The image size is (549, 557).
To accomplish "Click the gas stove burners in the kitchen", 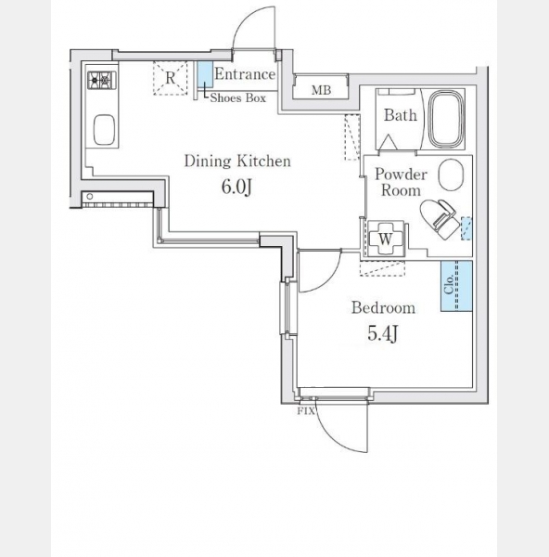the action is (102, 80).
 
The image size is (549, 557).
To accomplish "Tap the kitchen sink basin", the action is (104, 130).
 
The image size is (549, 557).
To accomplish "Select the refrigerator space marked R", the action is (171, 78).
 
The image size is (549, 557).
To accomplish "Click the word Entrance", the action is (245, 74).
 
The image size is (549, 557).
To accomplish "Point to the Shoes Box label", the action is (237, 98).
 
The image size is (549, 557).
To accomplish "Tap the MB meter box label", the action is (321, 90).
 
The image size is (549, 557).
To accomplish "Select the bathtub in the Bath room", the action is (446, 119).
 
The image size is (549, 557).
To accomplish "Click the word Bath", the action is (401, 115).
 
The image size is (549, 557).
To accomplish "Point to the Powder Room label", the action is (401, 182).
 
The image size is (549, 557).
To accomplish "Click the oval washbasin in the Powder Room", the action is (451, 175).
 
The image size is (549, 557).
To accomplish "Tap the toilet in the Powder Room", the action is (438, 218).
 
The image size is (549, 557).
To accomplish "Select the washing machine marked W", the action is (386, 239).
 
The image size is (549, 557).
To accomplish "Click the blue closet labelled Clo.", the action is (456, 286).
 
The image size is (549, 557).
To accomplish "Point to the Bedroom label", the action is (383, 307).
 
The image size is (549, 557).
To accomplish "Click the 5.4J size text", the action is (382, 333).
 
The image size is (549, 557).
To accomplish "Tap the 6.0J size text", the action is (236, 187).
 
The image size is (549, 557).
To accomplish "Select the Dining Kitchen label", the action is (237, 162).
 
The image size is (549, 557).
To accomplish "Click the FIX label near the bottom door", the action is (306, 411).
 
